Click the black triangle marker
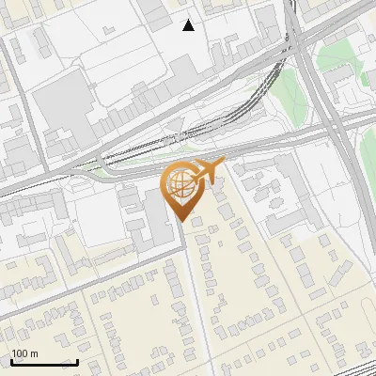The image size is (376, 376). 189,25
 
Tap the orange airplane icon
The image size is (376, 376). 208,169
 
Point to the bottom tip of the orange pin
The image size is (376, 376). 180,221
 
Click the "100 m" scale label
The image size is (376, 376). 24,354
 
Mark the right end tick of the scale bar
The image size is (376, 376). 77,361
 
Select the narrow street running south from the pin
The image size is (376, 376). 193,282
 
